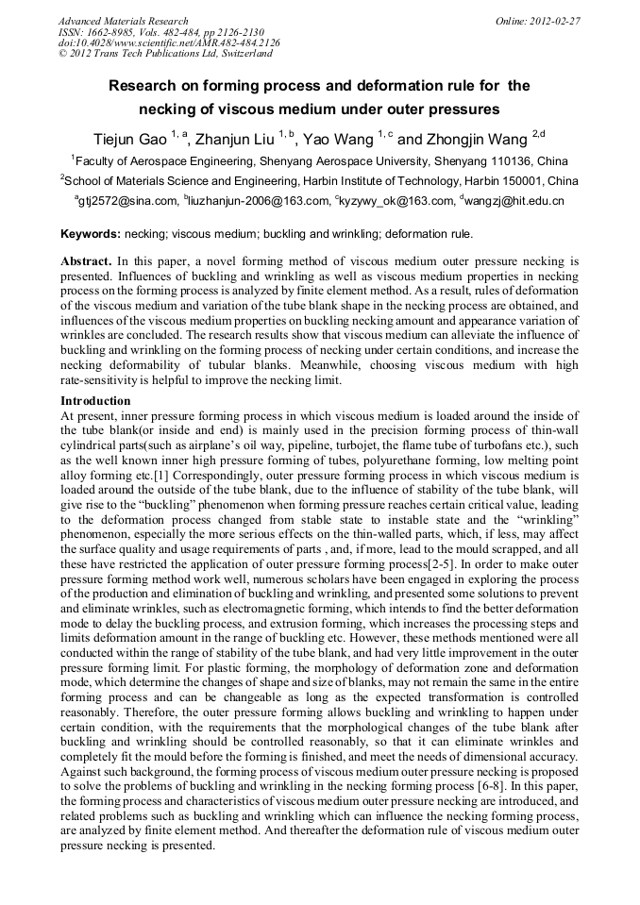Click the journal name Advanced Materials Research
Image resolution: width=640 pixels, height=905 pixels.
[123, 20]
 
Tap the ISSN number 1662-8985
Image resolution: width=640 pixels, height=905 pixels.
[110, 31]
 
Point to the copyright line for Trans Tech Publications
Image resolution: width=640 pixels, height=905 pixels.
[165, 54]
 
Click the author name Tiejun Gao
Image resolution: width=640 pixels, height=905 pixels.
[132, 139]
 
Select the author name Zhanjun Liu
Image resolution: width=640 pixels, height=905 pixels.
[236, 139]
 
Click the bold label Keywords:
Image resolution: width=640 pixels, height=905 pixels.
[91, 233]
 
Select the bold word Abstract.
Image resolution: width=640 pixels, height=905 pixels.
[86, 260]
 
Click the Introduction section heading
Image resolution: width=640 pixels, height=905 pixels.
[95, 401]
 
